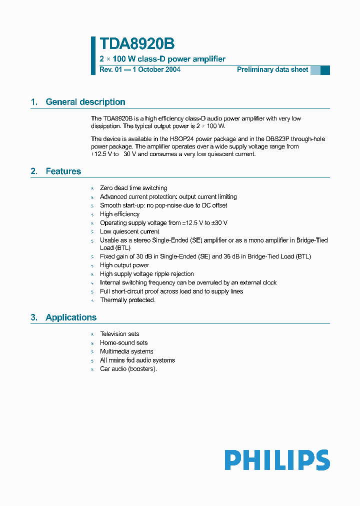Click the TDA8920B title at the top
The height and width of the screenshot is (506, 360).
137,44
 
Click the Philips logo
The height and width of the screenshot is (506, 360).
277,460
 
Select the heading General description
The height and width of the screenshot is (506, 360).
85,102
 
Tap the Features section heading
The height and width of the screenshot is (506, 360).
63,171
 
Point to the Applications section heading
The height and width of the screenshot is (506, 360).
71,317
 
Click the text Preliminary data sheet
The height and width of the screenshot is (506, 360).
272,69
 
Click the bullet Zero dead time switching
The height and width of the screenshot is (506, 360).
133,188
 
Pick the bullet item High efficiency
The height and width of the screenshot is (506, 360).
119,214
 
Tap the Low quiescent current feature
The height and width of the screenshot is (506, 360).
129,231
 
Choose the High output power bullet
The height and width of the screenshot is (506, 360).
124,265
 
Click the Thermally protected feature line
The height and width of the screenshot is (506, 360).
127,300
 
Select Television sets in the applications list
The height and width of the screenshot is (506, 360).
119,334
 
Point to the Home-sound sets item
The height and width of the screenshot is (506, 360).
123,342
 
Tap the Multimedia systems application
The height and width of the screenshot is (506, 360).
126,351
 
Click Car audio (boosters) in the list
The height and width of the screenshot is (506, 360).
128,369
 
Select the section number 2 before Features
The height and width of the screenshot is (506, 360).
34,171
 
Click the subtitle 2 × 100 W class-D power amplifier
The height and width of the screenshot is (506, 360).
162,59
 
